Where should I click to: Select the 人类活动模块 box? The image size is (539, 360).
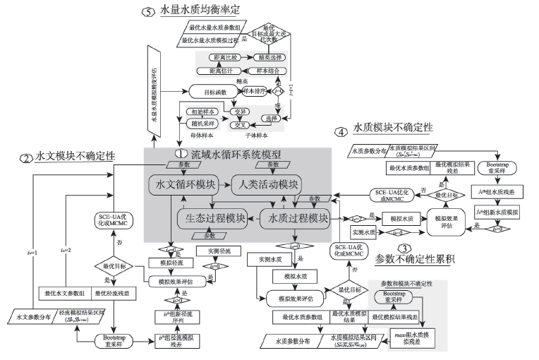266,186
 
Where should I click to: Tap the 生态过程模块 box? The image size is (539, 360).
212,218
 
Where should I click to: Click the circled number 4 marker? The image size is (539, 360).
341,131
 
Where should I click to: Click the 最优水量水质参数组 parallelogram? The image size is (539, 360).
211,28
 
